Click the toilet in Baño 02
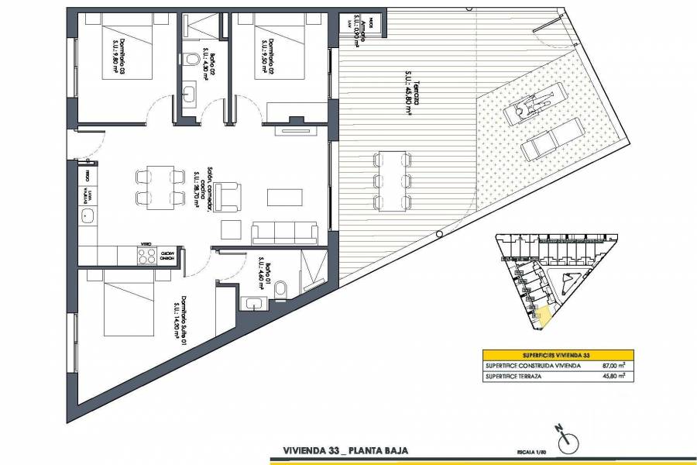pos(191,57)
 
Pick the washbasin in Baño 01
pos(252,303)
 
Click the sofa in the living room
pos(285,232)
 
